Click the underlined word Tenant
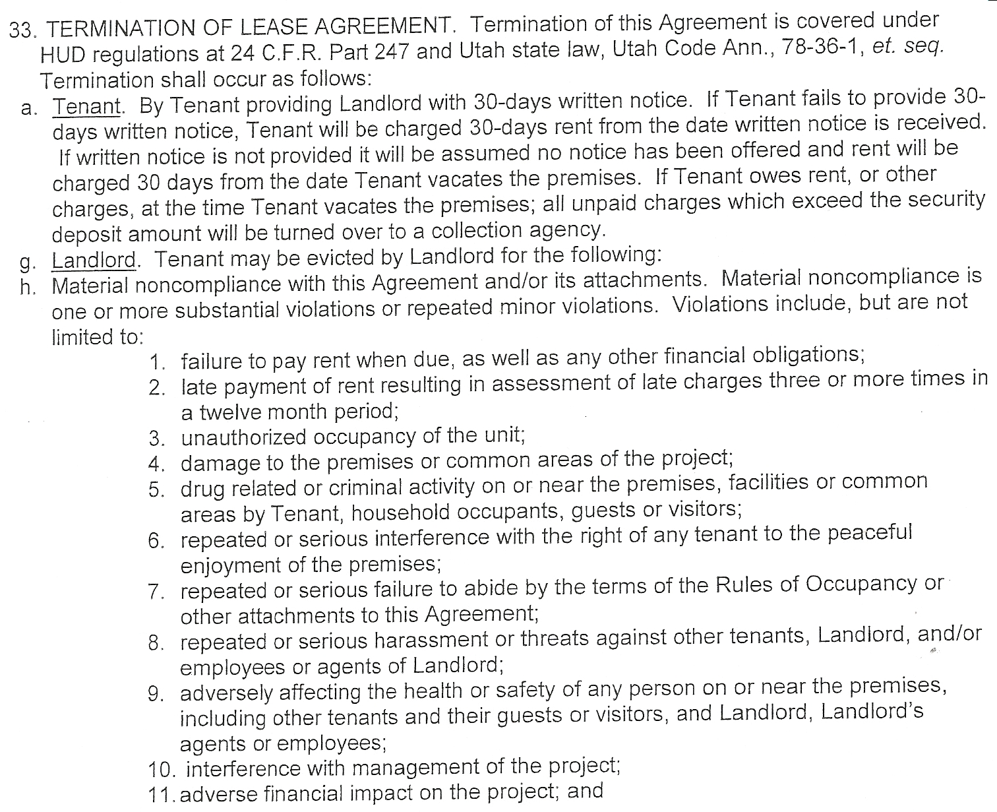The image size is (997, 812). point(87,106)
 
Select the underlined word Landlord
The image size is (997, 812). point(94,259)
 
